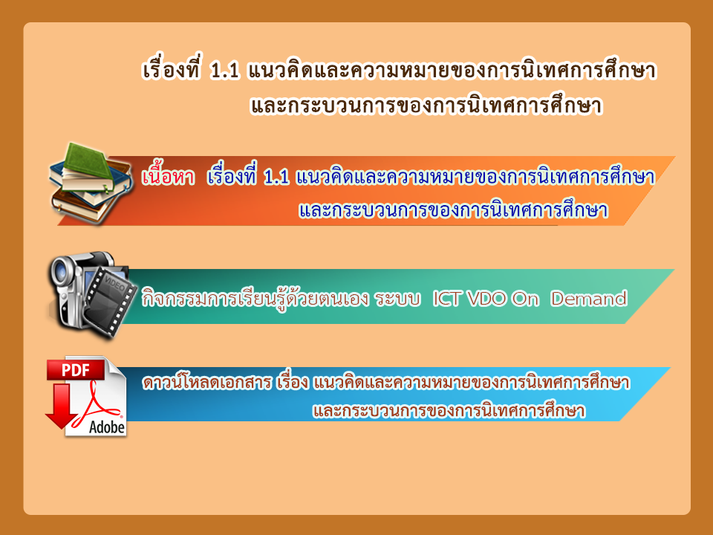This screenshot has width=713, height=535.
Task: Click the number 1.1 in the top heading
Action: click(225, 71)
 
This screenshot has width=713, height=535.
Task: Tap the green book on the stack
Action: click(88, 163)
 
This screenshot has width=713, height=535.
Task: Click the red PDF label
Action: click(76, 370)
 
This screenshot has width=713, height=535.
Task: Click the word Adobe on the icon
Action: click(107, 427)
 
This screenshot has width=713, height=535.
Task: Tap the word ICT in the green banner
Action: click(447, 299)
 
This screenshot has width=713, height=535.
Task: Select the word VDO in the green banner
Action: click(486, 299)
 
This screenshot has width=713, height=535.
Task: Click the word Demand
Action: click(589, 299)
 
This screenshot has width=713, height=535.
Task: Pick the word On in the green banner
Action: click(525, 299)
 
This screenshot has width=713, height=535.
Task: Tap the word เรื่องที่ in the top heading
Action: click(171, 71)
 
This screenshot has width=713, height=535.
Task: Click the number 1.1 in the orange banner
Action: click(276, 177)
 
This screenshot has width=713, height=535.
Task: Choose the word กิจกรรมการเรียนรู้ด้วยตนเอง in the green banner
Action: click(255, 299)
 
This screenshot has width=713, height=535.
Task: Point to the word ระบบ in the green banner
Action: click(397, 299)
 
